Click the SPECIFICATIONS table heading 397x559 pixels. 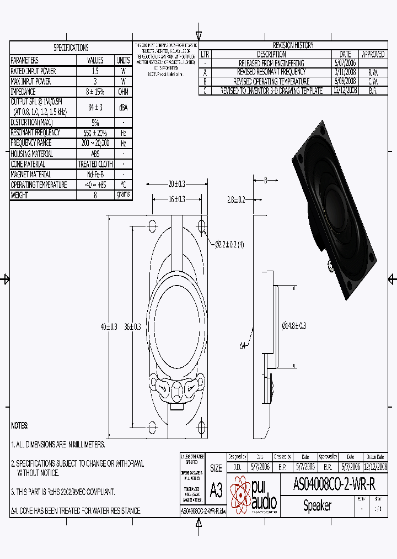pyautogui.click(x=71, y=48)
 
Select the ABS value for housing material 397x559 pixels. pyautogui.click(x=95, y=154)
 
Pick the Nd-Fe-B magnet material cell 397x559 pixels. pyautogui.click(x=95, y=175)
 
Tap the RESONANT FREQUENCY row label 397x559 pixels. pyautogui.click(x=36, y=133)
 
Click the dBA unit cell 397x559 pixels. pyautogui.click(x=123, y=108)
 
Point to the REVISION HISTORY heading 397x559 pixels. pyautogui.click(x=293, y=45)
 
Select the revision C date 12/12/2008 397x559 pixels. pyautogui.click(x=345, y=90)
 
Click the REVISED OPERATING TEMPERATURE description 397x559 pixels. pyautogui.click(x=271, y=81)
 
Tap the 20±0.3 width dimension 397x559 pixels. pyautogui.click(x=176, y=183)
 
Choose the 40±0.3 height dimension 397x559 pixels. pyautogui.click(x=109, y=326)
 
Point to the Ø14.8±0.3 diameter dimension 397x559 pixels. pyautogui.click(x=294, y=326)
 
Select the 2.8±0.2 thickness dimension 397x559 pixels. pyautogui.click(x=236, y=199)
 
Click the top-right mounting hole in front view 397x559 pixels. pyautogui.click(x=201, y=226)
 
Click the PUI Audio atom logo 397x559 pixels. pyautogui.click(x=240, y=494)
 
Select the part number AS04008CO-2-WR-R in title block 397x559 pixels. pyautogui.click(x=335, y=485)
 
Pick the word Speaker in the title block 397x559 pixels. pyautogui.click(x=317, y=505)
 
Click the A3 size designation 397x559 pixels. pyautogui.click(x=216, y=491)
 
